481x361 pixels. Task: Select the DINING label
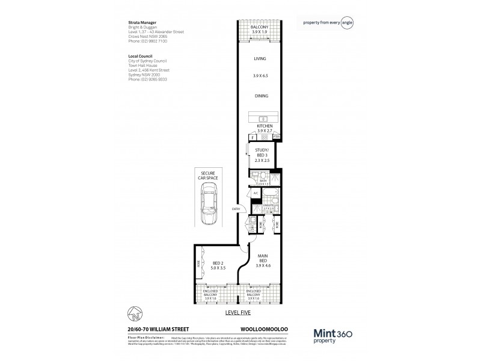[x=261, y=96]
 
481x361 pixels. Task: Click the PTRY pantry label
[x=276, y=138]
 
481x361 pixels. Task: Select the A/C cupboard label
[x=255, y=193]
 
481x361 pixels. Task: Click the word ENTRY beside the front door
[x=236, y=209]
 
